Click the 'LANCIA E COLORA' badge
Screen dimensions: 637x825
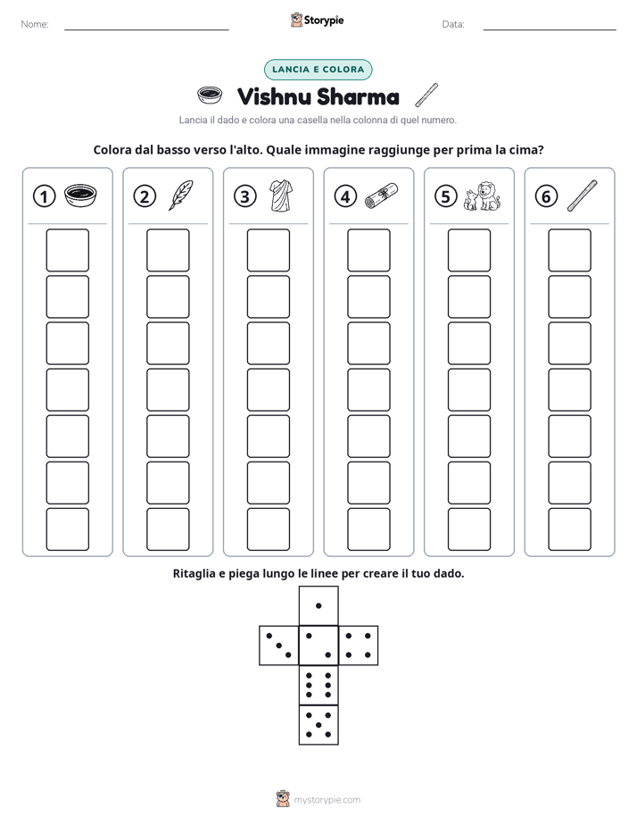point(318,70)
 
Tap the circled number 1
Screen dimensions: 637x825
point(44,196)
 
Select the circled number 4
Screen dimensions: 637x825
point(345,196)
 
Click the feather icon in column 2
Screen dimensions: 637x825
point(181,196)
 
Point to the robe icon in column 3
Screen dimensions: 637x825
point(281,196)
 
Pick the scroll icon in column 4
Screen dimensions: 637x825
point(381,196)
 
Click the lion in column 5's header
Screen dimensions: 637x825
point(489,196)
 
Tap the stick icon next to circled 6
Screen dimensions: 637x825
point(583,196)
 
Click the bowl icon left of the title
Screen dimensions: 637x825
point(209,96)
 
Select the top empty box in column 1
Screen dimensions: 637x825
point(67,250)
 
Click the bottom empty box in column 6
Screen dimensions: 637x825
point(569,529)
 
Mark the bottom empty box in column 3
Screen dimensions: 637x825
point(268,529)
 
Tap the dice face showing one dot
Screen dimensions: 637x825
point(318,605)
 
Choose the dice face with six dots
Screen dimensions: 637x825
point(318,685)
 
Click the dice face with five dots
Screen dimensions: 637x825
point(318,725)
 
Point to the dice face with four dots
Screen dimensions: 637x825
point(359,646)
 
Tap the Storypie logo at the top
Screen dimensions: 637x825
point(317,20)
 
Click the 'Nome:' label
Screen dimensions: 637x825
point(35,24)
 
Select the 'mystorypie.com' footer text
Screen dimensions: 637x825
point(327,800)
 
